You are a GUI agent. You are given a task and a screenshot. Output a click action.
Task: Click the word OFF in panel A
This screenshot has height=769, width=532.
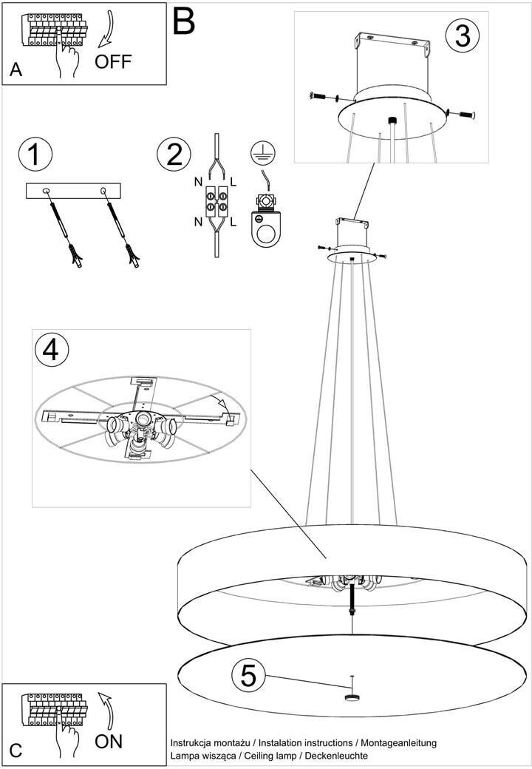point(113,62)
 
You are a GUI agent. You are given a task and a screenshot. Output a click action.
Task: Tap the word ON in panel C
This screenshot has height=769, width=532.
point(109,741)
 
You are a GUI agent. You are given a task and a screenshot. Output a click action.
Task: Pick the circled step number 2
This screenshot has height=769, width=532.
point(174,154)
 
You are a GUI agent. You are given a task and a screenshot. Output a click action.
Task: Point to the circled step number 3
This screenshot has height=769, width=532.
point(463,35)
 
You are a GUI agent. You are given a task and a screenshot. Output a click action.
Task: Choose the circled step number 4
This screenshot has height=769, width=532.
point(52,351)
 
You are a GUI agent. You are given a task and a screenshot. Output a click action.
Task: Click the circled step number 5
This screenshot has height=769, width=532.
point(248,677)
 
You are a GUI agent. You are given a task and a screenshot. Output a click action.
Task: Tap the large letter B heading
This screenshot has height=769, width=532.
point(184,21)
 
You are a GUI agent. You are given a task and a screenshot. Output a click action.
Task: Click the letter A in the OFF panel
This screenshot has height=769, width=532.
point(16,70)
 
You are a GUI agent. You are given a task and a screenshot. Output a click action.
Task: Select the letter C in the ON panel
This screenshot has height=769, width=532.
point(16,751)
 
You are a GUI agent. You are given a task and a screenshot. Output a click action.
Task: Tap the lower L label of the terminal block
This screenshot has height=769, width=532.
point(233,222)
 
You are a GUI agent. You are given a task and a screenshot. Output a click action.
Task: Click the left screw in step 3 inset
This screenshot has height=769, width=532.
point(319,96)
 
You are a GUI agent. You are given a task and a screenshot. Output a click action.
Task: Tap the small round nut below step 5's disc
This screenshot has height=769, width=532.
point(352,698)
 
